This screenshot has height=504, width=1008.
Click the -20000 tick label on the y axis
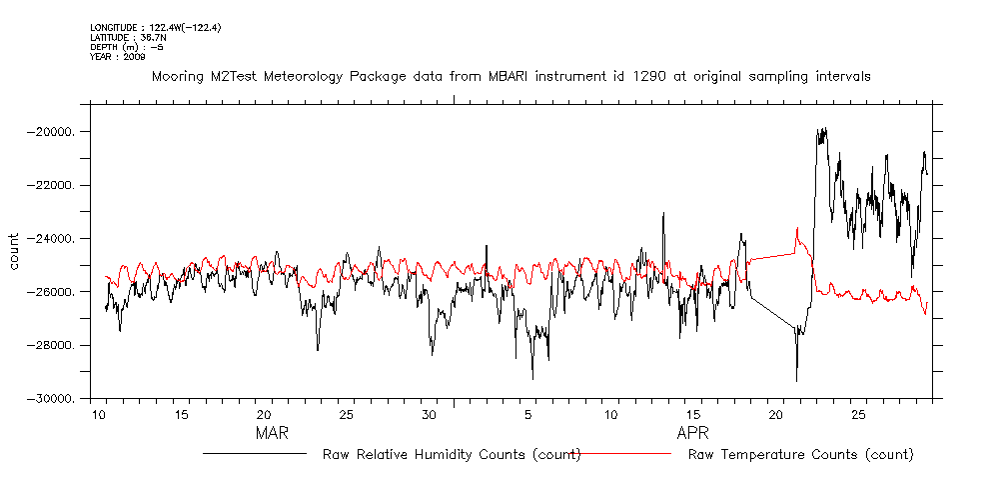pos(56,132)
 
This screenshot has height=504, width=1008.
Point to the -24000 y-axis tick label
pos(56,239)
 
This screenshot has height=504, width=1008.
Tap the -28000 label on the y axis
pos(56,345)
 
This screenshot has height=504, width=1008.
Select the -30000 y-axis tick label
pos(56,399)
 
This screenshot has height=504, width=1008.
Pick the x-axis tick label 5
pos(527,414)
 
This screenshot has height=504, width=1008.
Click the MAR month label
pos(272,434)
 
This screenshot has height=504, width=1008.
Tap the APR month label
pos(693,434)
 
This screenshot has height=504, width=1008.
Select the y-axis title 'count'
pos(14,251)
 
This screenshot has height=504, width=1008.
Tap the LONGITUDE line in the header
pos(155,27)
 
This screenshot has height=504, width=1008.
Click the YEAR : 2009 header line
pos(118,57)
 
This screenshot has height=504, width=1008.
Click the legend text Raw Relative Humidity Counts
pos(452,454)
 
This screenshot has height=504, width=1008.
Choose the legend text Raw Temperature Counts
pos(800,454)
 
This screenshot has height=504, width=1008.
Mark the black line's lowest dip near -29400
pos(796,380)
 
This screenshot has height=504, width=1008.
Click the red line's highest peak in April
pos(797,229)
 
